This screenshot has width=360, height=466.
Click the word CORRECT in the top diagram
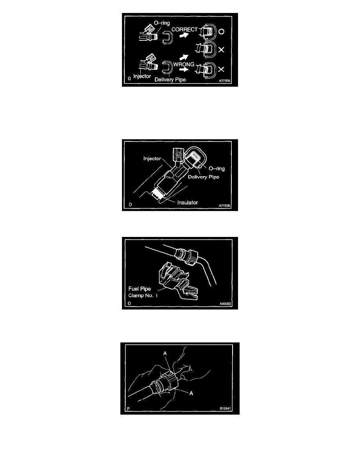coord(184,29)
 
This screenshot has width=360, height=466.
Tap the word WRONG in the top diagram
coord(184,64)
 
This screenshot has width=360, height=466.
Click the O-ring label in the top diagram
coord(162,23)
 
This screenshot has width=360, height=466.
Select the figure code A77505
coord(225,81)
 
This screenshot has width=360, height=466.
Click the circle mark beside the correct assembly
coord(221,31)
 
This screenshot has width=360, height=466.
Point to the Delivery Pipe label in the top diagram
coord(170,79)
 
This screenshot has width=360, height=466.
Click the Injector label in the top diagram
coord(142,76)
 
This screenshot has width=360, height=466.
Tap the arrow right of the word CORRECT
coord(184,35)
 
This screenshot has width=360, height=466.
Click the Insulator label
coord(187,202)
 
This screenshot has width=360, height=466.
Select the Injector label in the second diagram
coord(152,158)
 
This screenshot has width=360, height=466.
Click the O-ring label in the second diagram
coord(216,169)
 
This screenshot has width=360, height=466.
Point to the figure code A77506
coord(224,206)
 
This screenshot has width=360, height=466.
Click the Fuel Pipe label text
coord(140,289)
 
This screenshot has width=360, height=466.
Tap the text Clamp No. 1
coord(143,295)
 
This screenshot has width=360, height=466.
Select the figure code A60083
coord(225,304)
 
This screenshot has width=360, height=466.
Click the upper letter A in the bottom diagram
coord(165,353)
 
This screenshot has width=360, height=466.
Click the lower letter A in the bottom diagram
coord(191,393)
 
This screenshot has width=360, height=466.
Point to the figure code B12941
coord(225,409)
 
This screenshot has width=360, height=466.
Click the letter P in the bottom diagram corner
coord(128,409)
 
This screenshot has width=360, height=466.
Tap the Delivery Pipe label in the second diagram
coord(204,177)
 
